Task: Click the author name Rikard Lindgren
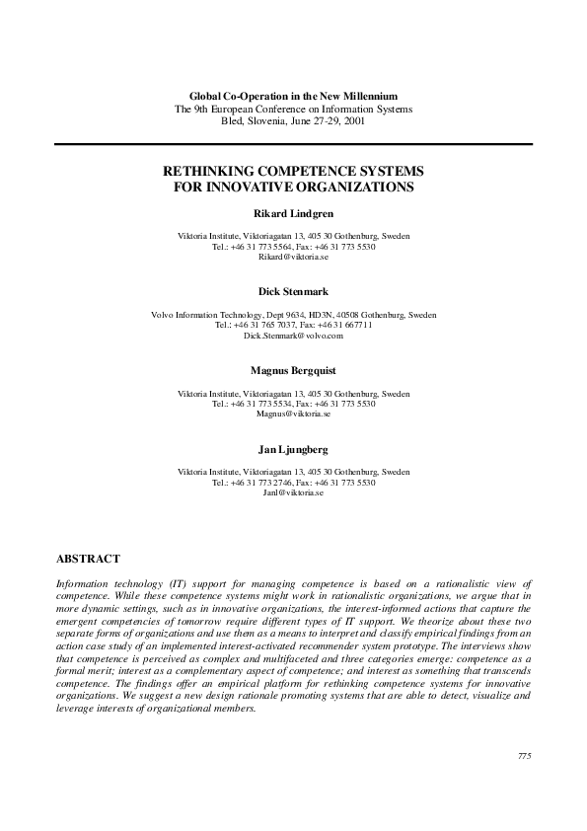tap(293, 213)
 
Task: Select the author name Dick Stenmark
tap(293, 291)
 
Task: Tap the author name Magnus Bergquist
tap(293, 370)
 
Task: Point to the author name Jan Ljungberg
tap(293, 449)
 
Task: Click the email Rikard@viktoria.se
tap(293, 257)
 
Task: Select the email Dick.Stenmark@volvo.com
tap(293, 336)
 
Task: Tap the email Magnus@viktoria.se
tap(293, 414)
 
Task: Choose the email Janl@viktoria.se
tap(293, 492)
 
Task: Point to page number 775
tap(524, 756)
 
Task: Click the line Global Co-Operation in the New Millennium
tap(293, 95)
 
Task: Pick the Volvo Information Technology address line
tap(293, 315)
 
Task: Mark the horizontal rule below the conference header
tap(293, 143)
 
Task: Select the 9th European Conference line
tap(293, 108)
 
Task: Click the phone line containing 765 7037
tap(293, 325)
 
